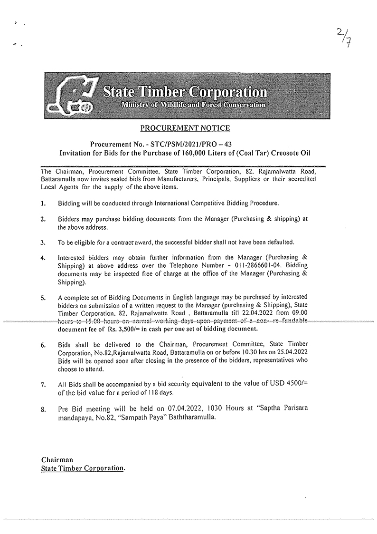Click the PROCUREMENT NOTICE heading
pyautogui.click(x=185, y=128)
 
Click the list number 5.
pyautogui.click(x=43, y=298)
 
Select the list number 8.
pyautogui.click(x=43, y=409)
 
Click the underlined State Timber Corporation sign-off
pyautogui.click(x=83, y=468)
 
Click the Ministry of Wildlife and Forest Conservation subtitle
pyautogui.click(x=192, y=105)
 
